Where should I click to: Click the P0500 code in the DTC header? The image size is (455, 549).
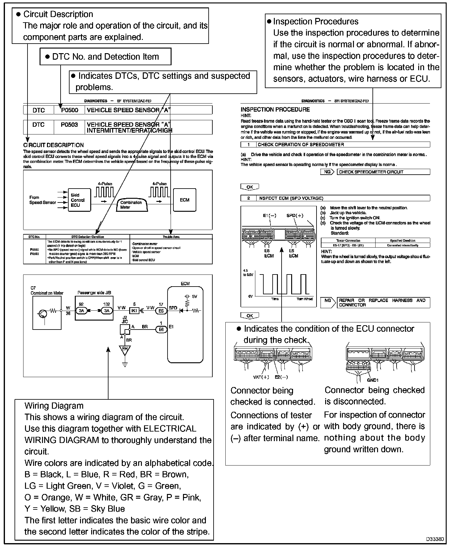(x=69, y=110)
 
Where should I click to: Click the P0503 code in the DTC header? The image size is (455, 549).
(x=69, y=125)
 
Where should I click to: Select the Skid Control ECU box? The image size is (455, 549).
(x=79, y=200)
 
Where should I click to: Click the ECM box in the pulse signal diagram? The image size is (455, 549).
(x=185, y=200)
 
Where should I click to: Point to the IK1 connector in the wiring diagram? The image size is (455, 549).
(x=134, y=311)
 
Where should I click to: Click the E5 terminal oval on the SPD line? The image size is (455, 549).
(x=161, y=311)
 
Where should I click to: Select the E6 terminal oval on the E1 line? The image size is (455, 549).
(x=161, y=330)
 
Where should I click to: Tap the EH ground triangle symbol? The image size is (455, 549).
(x=125, y=349)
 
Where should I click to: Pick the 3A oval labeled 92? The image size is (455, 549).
(x=82, y=311)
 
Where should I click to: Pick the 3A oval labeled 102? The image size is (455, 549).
(x=107, y=311)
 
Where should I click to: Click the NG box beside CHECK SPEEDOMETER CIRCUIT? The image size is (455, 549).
(x=328, y=172)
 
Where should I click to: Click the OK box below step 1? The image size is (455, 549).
(x=249, y=187)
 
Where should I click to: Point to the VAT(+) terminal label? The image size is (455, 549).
(x=261, y=377)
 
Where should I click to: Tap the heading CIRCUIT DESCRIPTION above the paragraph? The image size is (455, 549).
(x=53, y=145)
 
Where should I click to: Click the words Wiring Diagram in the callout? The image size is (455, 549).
(x=54, y=406)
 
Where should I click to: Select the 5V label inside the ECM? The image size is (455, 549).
(x=194, y=296)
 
